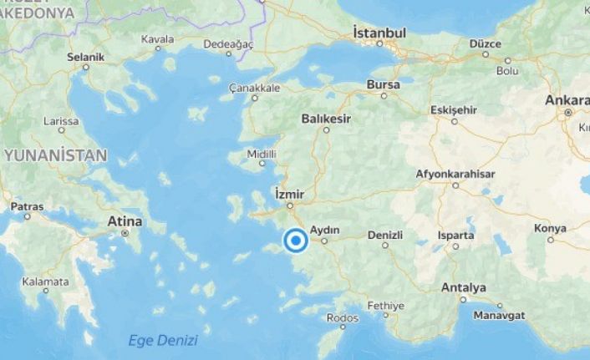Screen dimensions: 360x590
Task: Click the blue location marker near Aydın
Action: coord(295,241)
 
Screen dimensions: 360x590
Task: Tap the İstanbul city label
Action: coord(379,33)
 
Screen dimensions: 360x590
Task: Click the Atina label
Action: coord(125,221)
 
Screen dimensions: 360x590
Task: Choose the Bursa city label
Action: coord(383,84)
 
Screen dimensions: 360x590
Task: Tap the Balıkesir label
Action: coord(327,119)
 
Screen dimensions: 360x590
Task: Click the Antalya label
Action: coord(463,287)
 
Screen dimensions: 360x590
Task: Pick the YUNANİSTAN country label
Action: coord(55,155)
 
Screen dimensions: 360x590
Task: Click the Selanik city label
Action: coord(85,57)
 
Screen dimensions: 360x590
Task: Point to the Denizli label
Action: coord(385,236)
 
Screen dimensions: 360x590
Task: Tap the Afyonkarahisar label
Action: coord(455,174)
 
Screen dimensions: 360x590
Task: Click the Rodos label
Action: coord(343,317)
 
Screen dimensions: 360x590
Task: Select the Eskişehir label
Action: coord(453,109)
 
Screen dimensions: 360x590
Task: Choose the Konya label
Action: coord(550,228)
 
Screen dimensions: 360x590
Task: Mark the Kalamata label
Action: coord(46,281)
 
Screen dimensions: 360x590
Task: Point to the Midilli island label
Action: coord(262,154)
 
